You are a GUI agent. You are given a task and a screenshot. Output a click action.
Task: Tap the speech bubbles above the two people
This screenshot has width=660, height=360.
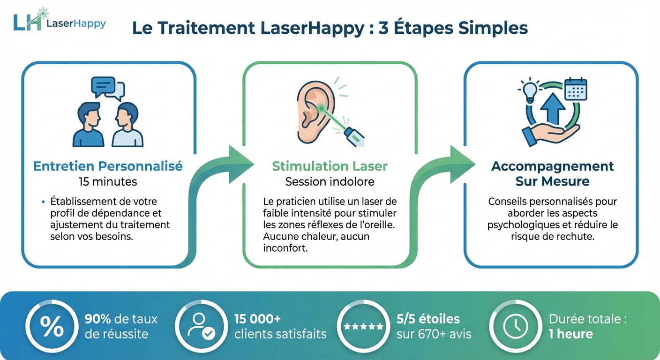tap(108, 88)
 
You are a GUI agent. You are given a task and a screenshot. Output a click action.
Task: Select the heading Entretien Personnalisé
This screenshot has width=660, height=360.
tap(108, 166)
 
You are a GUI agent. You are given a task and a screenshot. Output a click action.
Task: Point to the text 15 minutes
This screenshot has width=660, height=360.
tap(108, 181)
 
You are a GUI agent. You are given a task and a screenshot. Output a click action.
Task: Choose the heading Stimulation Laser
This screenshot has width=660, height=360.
tap(330, 166)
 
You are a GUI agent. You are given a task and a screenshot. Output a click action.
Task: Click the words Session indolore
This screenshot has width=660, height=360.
tap(330, 181)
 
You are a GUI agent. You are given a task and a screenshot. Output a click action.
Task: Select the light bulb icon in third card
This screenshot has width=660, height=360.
tap(530, 90)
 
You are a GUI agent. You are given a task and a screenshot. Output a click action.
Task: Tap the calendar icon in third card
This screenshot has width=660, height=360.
tap(576, 89)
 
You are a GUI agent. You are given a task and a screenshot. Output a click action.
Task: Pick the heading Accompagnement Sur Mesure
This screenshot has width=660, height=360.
tap(552, 173)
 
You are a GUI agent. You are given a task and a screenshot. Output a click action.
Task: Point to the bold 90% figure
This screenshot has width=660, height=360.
tap(97, 319)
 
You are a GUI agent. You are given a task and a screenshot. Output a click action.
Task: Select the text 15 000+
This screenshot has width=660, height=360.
tap(257, 319)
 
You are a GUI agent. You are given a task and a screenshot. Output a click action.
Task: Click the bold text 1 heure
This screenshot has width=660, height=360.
tap(570, 334)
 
